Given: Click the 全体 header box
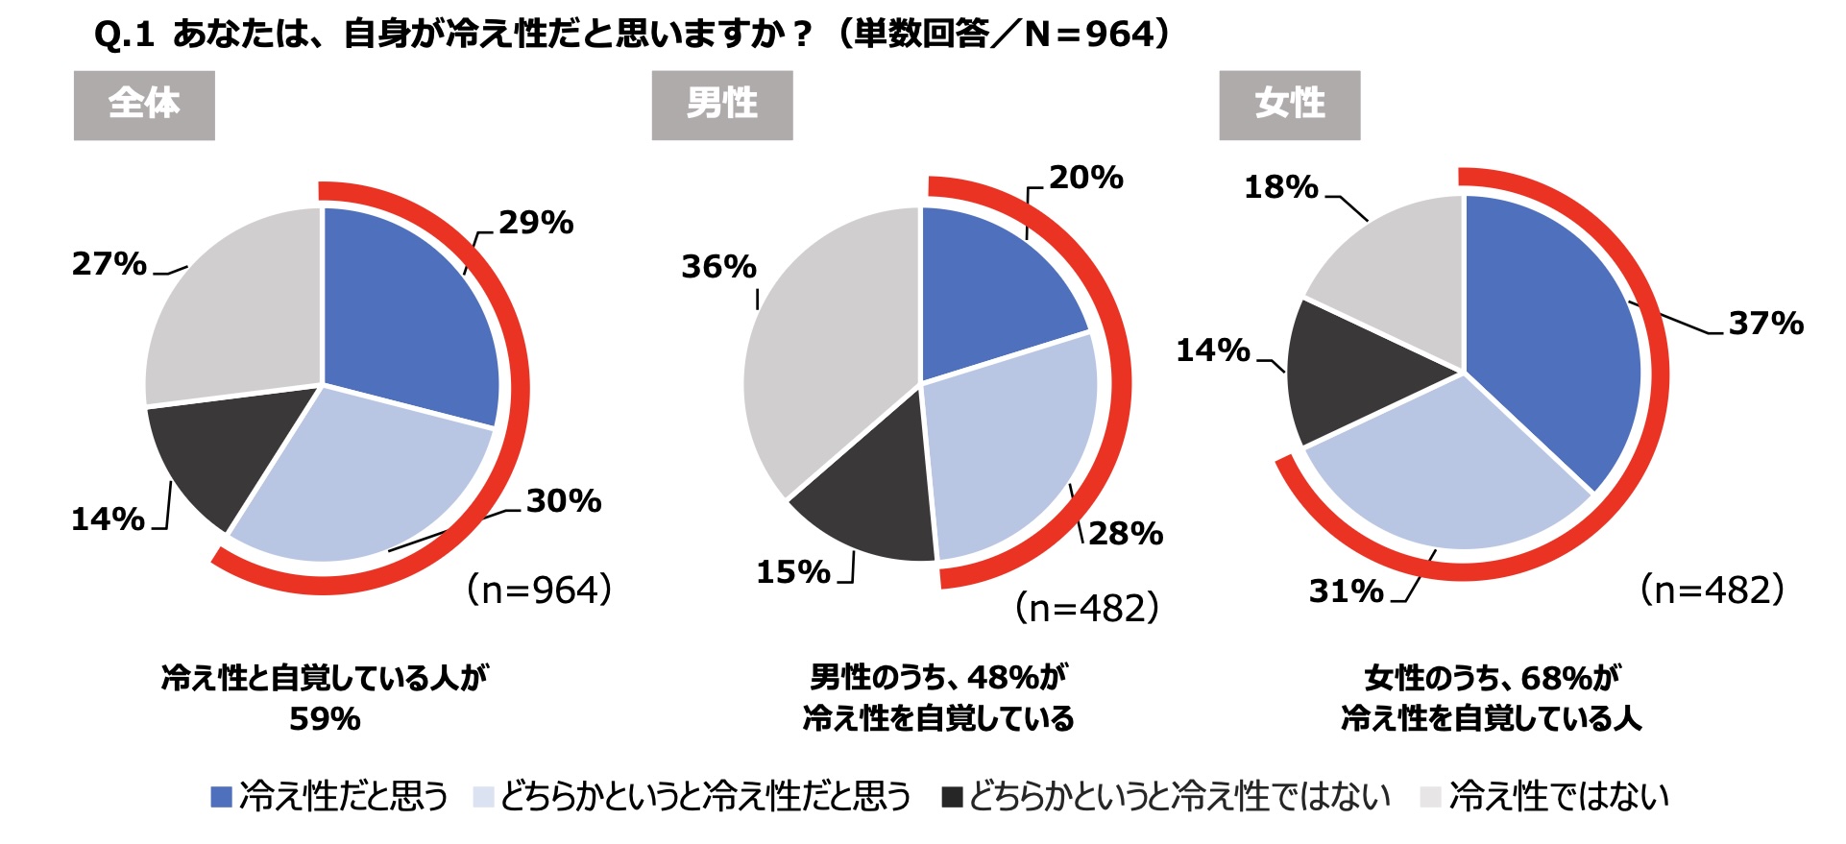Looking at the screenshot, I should click(144, 105).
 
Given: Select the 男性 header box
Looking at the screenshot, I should click(721, 105).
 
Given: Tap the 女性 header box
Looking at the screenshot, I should click(1289, 105).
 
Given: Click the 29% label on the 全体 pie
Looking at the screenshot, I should click(536, 223).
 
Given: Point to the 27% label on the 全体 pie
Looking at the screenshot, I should click(109, 264).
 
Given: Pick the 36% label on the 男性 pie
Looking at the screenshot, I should click(718, 267).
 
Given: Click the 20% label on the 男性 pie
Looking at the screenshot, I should click(1085, 178).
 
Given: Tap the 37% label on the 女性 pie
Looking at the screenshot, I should click(1765, 324).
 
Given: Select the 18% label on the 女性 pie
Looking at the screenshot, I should click(1281, 187).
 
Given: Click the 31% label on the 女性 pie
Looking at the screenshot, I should click(1346, 591).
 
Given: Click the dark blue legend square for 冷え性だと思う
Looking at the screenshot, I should click(222, 797).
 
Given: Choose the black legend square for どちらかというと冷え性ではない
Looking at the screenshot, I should click(952, 797).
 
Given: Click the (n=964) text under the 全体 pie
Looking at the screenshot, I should click(539, 590).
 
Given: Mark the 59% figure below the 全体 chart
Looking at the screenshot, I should click(325, 719).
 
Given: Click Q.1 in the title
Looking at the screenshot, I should click(124, 36).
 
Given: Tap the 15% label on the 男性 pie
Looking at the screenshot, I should click(792, 572).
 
